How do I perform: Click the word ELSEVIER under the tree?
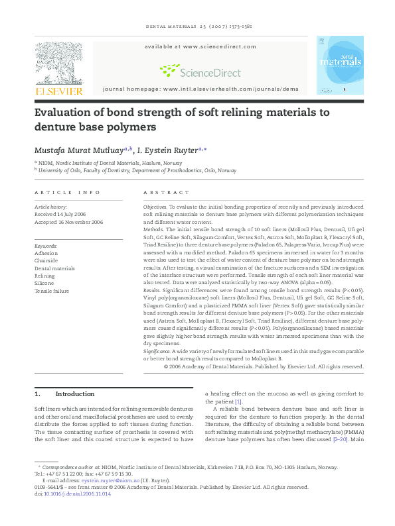pos(58,91)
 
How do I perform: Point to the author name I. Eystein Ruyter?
pos(167,150)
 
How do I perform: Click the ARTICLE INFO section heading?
pos(67,192)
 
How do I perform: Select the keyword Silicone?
pos(45,284)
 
